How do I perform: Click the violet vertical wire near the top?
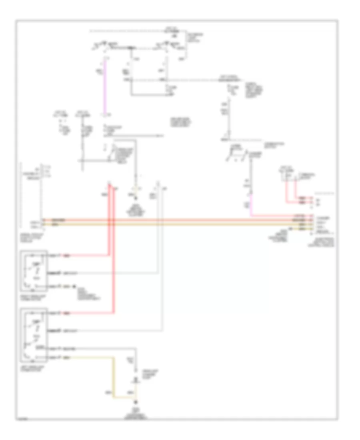coord(106,86)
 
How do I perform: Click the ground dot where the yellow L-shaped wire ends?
coord(136,402)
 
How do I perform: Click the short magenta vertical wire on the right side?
coord(251,208)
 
